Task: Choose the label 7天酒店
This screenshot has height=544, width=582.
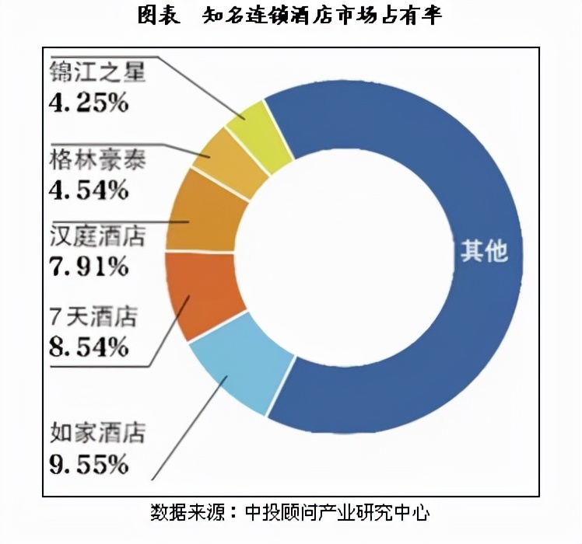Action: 93,316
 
